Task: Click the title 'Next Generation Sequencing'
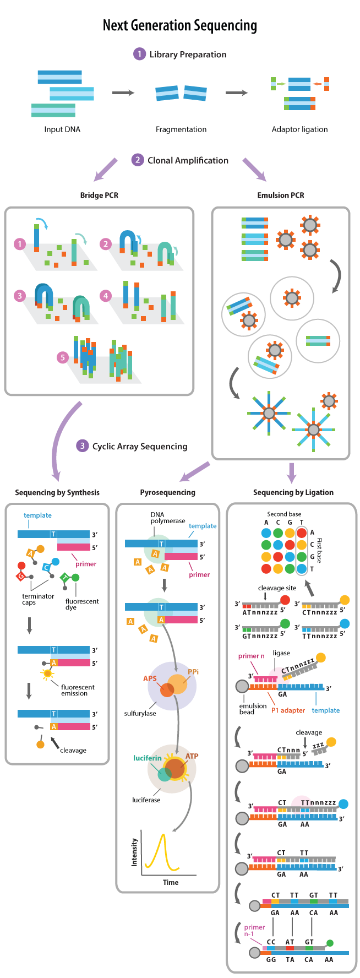(180, 25)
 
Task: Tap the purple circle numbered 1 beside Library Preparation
(139, 54)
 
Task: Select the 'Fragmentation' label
(181, 129)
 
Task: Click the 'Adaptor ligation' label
(299, 129)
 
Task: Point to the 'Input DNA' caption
(62, 129)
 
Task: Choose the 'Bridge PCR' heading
(99, 195)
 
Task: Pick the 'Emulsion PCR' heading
(281, 195)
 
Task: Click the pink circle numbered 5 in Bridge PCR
(63, 357)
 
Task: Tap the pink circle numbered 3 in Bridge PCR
(20, 296)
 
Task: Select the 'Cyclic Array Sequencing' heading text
(140, 446)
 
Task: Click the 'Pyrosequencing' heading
(167, 492)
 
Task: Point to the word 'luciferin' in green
(148, 758)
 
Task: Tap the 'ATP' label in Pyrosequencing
(192, 756)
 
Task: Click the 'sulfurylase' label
(140, 713)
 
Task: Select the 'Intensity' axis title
(134, 852)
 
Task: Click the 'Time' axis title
(171, 882)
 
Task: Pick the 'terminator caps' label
(38, 599)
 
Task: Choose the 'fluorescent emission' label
(78, 690)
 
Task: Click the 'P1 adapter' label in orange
(288, 710)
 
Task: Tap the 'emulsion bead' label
(253, 709)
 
